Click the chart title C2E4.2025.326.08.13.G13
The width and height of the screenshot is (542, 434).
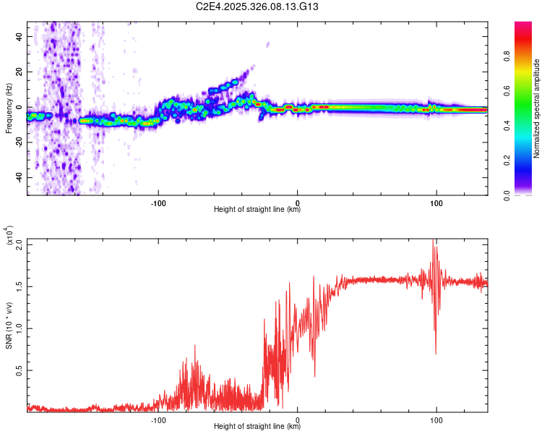coord(257,7)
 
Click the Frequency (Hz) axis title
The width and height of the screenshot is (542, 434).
coord(9,109)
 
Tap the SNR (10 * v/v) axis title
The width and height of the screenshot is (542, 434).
coord(9,325)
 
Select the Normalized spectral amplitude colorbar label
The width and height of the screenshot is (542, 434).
coord(536,109)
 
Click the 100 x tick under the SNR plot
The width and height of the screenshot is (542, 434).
coord(436,418)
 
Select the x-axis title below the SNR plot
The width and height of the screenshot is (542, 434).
coord(257,427)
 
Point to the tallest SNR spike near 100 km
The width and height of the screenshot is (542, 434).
coord(433,241)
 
